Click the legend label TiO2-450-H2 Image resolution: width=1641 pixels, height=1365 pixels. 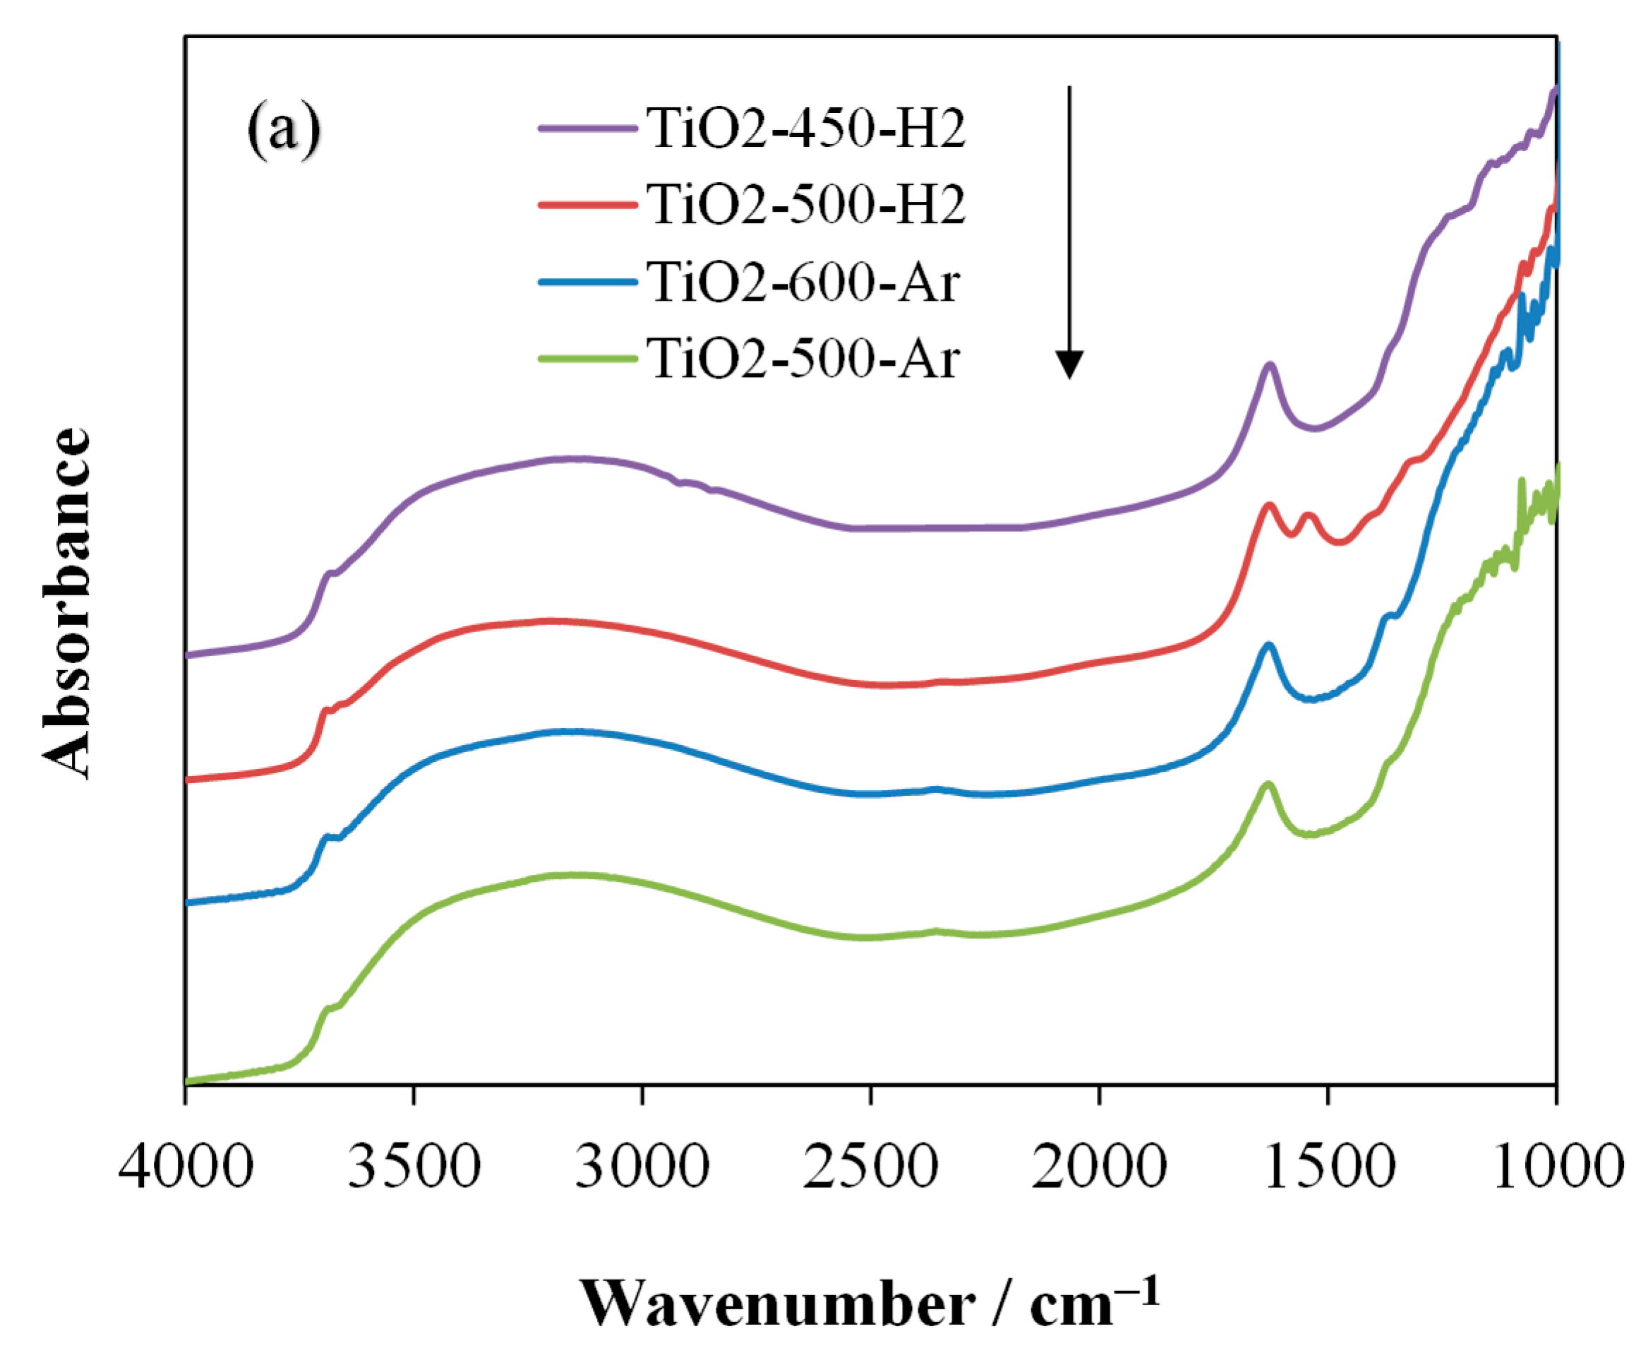coord(805,129)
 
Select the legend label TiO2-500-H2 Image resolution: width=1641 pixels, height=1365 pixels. coord(805,205)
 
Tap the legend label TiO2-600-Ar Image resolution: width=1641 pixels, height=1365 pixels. coord(803,282)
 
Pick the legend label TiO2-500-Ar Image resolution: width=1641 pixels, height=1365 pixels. coord(803,359)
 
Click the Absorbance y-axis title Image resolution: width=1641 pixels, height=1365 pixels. coord(68,604)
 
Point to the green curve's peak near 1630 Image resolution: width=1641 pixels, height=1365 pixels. coord(1268,783)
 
